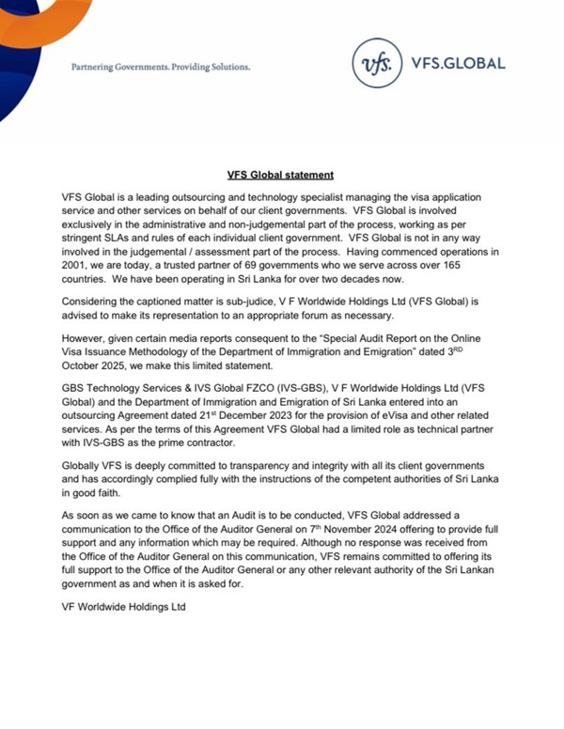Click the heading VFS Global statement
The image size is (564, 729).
coord(281,175)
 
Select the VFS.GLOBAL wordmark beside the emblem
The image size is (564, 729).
coord(458,64)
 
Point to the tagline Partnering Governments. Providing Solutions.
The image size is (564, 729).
coord(161,68)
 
